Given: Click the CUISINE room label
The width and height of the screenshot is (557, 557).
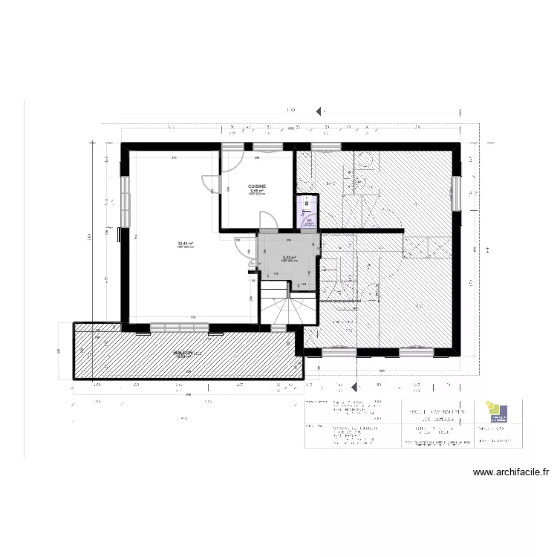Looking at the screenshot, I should point(258,186).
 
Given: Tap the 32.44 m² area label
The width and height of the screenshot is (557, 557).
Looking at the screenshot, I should point(185,243).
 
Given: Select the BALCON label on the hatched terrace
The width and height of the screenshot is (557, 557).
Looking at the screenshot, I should point(184,354).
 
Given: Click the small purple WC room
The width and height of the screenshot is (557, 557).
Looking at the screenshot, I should point(306,211).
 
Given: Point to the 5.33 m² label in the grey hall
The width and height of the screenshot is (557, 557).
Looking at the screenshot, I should point(288,258).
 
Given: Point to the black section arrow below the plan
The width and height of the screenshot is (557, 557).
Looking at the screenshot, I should point(353,387).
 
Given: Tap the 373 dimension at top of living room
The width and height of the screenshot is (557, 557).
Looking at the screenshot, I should point(174,158).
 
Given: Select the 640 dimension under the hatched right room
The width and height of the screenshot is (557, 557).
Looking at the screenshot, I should point(382,370).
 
